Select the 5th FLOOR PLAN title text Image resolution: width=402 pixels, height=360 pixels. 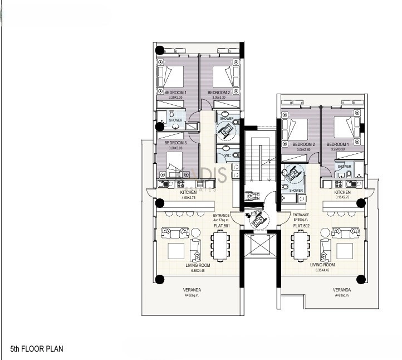click(37, 349)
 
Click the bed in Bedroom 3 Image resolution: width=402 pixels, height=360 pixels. click(177, 162)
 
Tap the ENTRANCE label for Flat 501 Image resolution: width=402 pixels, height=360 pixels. click(222, 216)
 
